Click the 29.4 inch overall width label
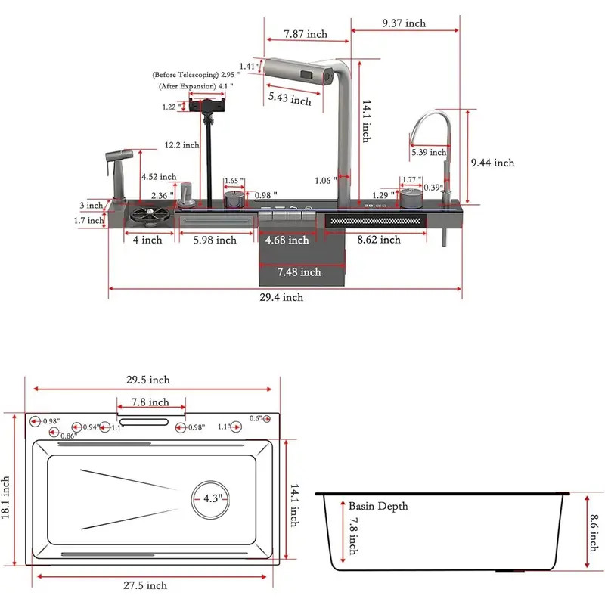point(281,297)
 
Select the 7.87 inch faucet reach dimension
point(306,34)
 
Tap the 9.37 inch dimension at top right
point(404,23)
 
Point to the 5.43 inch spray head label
point(290,100)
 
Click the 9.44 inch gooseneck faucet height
point(492,163)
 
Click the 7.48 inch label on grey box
point(299,271)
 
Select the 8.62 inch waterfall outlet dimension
point(378,240)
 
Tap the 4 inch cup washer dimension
point(147,240)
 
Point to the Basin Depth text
point(378,506)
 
